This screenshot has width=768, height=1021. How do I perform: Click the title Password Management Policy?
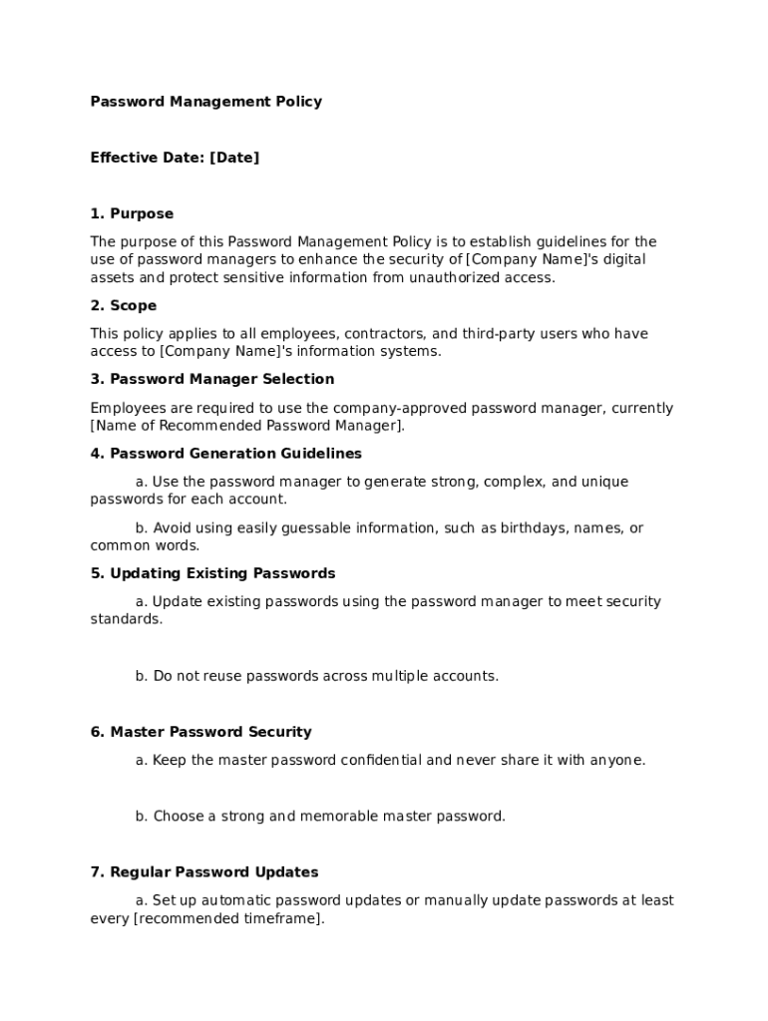205,102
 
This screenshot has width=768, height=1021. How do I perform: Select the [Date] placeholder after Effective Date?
234,158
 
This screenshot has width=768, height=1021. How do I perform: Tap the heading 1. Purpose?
132,213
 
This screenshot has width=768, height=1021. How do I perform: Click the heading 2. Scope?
124,306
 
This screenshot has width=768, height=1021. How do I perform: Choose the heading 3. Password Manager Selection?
212,380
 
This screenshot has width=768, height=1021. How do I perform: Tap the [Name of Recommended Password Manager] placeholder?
247,426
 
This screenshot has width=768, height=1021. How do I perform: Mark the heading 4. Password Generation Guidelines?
226,454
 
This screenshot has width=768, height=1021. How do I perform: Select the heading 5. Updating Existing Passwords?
212,573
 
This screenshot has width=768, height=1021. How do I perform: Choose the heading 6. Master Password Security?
200,732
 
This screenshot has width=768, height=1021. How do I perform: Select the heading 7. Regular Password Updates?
204,872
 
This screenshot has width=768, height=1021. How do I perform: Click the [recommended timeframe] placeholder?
227,918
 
